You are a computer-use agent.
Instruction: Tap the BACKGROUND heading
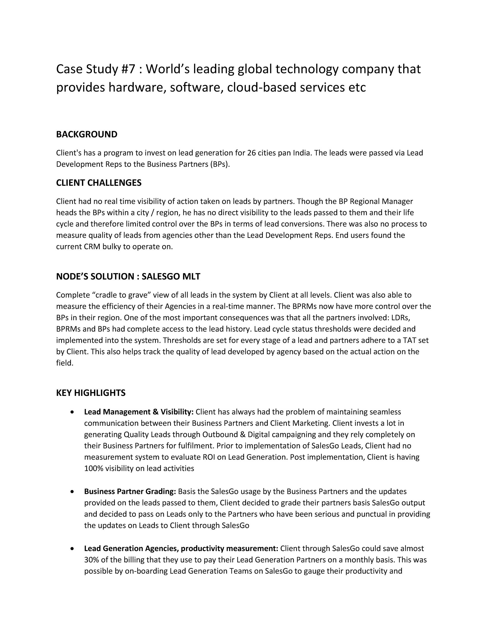pos(86,134)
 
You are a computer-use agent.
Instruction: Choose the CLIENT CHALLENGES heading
pos(99,183)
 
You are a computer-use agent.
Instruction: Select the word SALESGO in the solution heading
pos(160,276)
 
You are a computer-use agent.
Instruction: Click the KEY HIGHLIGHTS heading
pos(91,393)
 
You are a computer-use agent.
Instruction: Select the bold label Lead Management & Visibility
pos(139,412)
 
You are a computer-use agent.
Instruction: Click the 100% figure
pos(94,468)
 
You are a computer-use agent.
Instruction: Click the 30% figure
pos(90,560)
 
